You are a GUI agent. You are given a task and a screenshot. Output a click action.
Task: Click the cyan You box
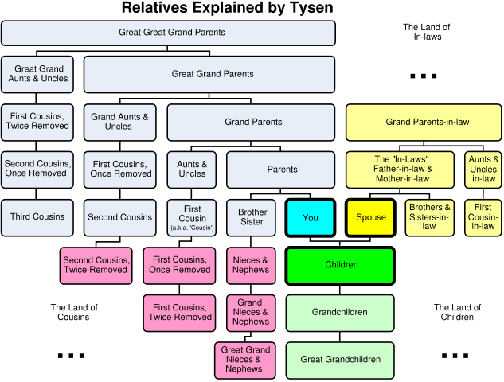click(x=310, y=217)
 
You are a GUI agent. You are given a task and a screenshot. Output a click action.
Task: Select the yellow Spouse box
click(x=370, y=217)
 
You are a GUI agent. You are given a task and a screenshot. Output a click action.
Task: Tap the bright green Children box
click(x=340, y=265)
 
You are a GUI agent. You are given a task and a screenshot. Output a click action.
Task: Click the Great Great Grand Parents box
click(x=168, y=33)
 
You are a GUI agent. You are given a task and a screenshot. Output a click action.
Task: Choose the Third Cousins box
click(x=37, y=217)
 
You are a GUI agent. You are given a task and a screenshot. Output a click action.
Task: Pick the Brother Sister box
click(x=252, y=217)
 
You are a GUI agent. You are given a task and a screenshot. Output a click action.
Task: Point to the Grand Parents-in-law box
click(x=423, y=122)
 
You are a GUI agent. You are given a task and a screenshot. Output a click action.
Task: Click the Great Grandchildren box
click(x=340, y=360)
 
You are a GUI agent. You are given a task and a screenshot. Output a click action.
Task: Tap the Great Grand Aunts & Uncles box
click(x=37, y=74)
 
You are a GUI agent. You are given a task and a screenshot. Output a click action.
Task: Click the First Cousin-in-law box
click(x=483, y=217)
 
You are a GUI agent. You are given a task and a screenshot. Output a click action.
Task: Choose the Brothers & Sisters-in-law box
click(x=429, y=217)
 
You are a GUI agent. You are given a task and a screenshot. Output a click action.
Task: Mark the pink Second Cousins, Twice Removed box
click(x=96, y=265)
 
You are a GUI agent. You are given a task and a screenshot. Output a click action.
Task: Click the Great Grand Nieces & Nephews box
click(x=244, y=360)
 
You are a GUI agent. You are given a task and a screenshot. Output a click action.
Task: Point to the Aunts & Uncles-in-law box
click(x=483, y=170)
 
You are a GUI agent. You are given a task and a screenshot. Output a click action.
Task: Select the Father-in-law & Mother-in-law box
click(x=400, y=170)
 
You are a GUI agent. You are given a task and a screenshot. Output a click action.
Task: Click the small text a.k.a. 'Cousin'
click(x=192, y=228)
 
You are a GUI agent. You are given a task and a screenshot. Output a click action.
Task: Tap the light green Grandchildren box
click(x=340, y=313)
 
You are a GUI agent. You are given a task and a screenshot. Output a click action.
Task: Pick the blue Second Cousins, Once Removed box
click(x=37, y=170)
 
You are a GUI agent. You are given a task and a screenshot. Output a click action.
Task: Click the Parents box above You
click(x=281, y=170)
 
